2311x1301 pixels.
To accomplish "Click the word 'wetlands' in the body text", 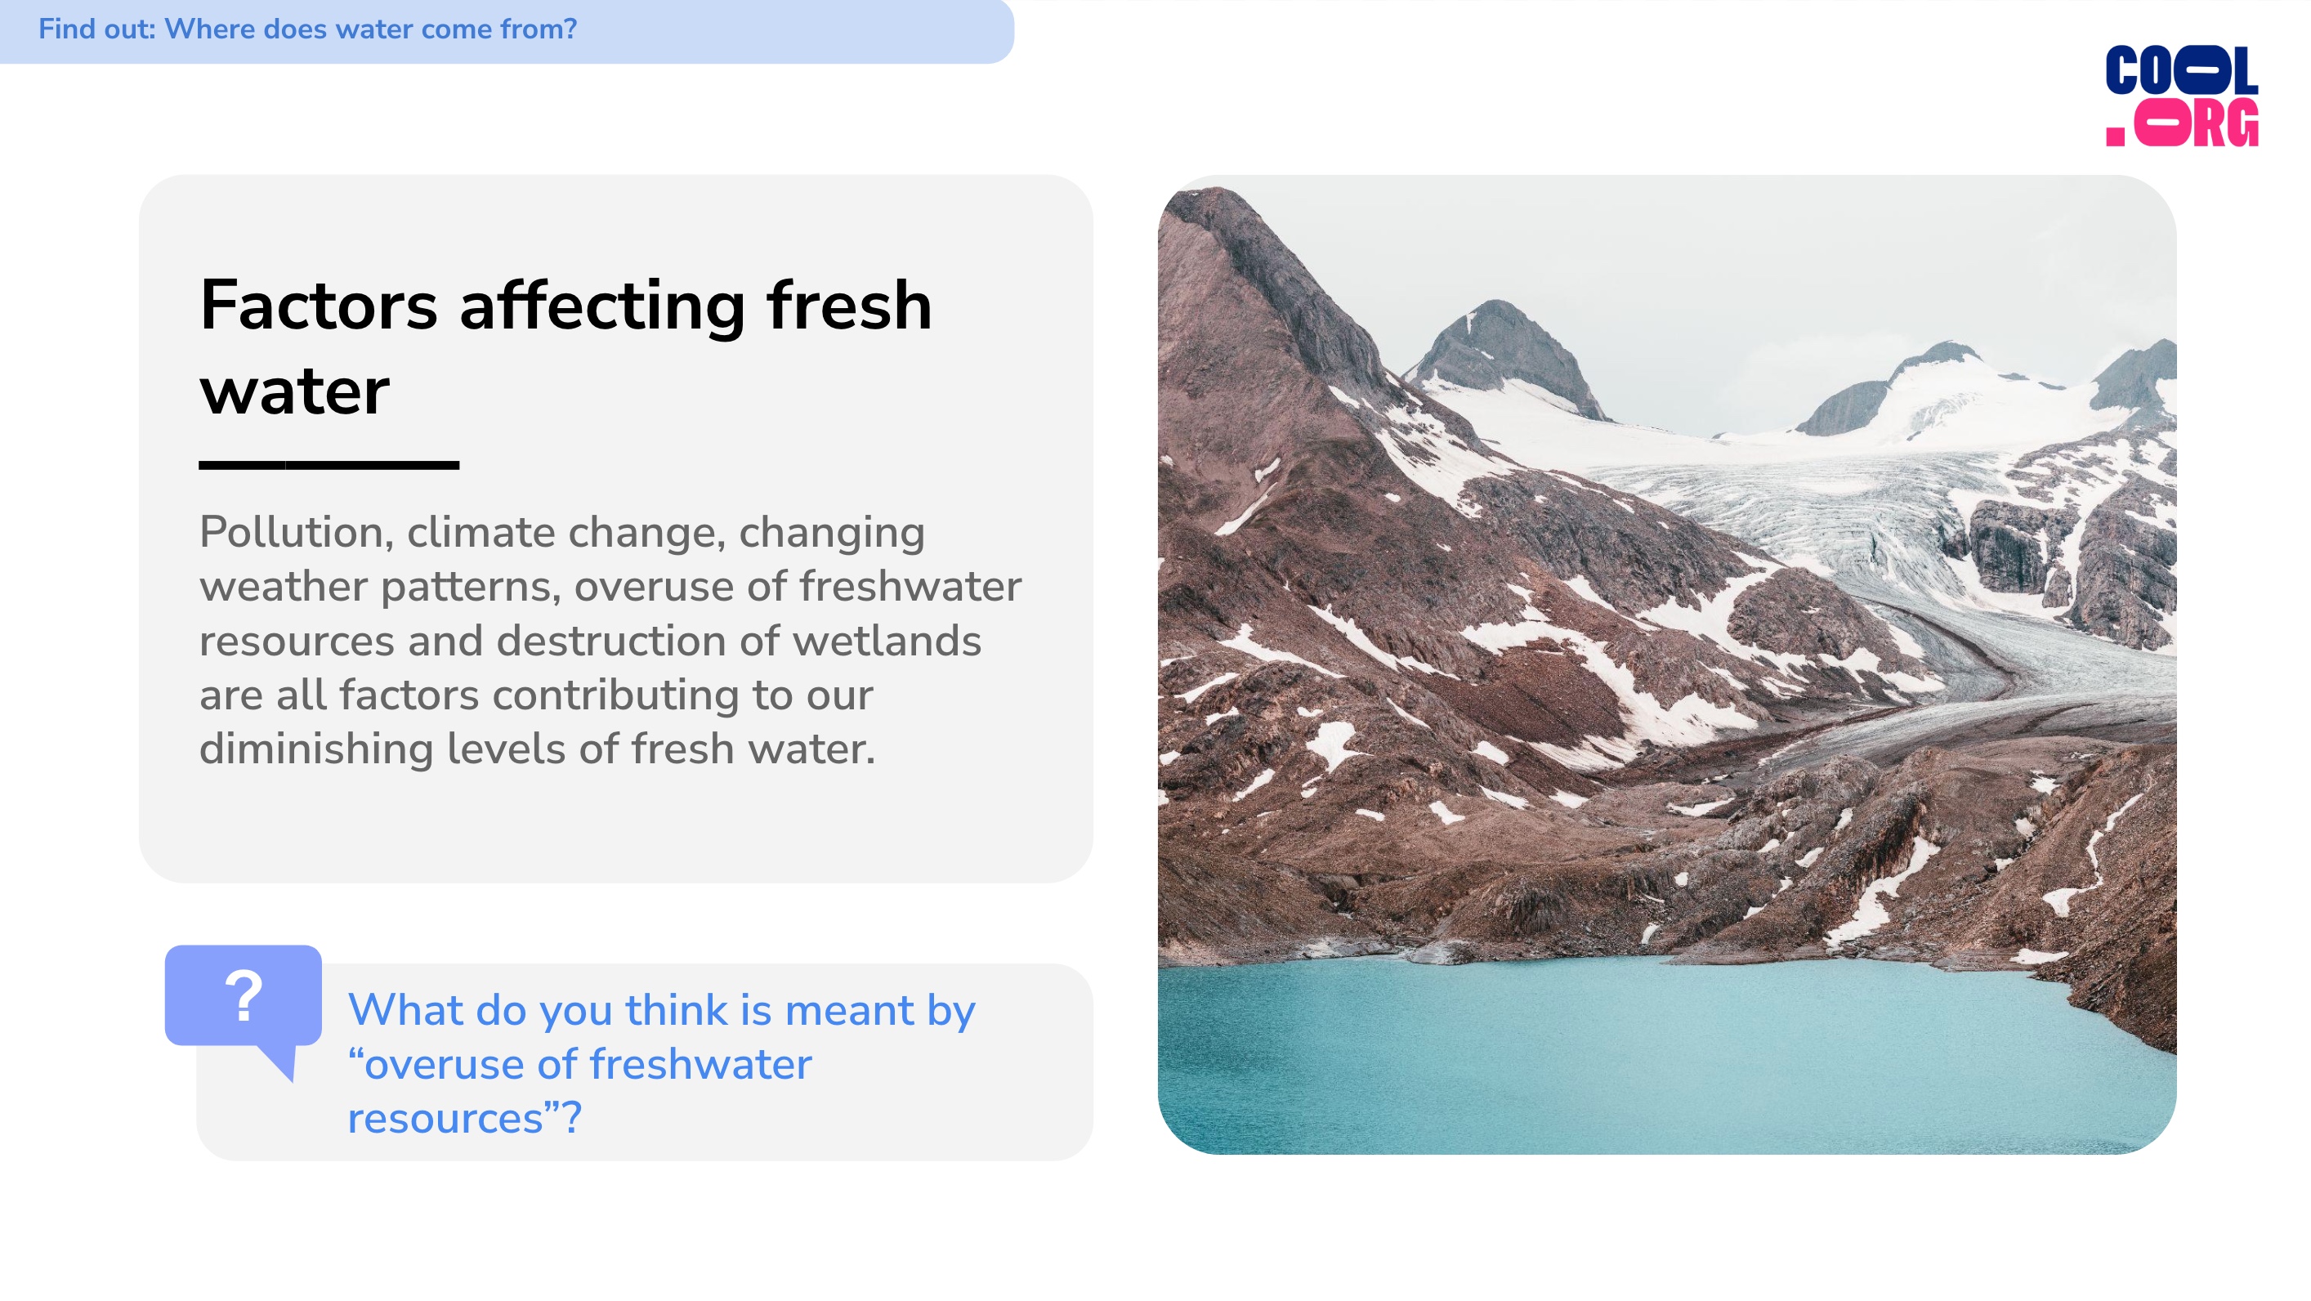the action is tap(887, 641).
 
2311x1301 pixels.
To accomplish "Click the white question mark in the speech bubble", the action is tap(244, 995).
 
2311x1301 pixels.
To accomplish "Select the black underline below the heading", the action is tap(329, 465).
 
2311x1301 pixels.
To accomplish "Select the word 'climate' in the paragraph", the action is tap(481, 533).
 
